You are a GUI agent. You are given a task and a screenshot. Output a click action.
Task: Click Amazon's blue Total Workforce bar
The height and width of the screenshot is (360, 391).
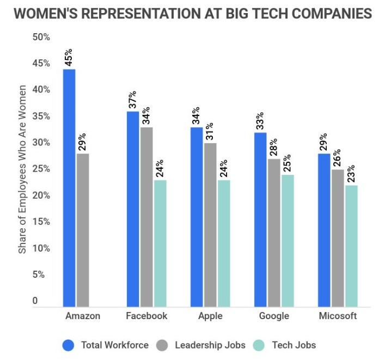click(x=69, y=188)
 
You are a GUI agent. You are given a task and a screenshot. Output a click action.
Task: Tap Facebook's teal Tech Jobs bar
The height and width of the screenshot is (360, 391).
click(x=160, y=243)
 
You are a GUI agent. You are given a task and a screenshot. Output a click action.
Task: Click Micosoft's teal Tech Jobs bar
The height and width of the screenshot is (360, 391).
click(x=351, y=246)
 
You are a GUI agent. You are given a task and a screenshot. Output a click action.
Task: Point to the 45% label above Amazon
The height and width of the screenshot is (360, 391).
click(x=69, y=57)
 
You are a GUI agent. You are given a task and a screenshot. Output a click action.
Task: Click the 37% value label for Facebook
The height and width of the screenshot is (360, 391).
click(x=132, y=100)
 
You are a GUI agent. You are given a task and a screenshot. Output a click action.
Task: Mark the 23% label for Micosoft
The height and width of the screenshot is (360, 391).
click(x=351, y=174)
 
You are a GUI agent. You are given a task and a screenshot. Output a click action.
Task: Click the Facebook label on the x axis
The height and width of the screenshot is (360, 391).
click(x=146, y=316)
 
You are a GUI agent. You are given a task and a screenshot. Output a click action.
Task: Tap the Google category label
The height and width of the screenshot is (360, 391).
click(x=274, y=316)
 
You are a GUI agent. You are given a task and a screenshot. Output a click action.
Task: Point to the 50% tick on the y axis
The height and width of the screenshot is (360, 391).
click(x=41, y=37)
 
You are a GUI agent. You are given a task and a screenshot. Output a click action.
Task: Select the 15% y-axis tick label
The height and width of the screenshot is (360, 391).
click(x=41, y=222)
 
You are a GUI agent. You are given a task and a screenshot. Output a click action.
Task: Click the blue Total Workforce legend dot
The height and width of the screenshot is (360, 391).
click(x=69, y=345)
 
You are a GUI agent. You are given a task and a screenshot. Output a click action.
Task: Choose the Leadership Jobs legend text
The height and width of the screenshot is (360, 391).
click(x=210, y=345)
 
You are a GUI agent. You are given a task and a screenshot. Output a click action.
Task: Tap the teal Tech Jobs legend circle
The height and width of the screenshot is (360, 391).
click(x=259, y=345)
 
